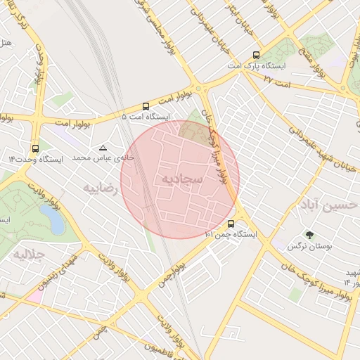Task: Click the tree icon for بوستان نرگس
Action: tap(309, 235)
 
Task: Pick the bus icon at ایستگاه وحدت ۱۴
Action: tap(35, 148)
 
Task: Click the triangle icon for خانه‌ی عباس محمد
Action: tap(103, 148)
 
